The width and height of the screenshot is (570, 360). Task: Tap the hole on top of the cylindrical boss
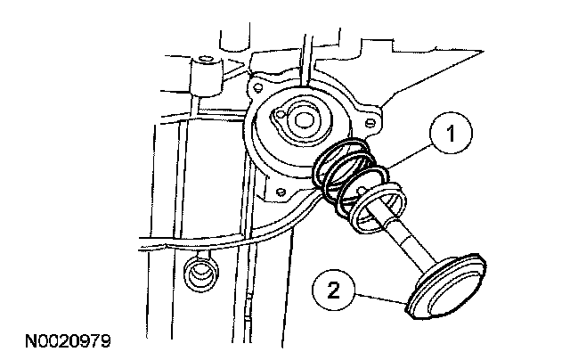[x=206, y=60]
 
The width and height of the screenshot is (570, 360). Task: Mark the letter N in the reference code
[x=31, y=340]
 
